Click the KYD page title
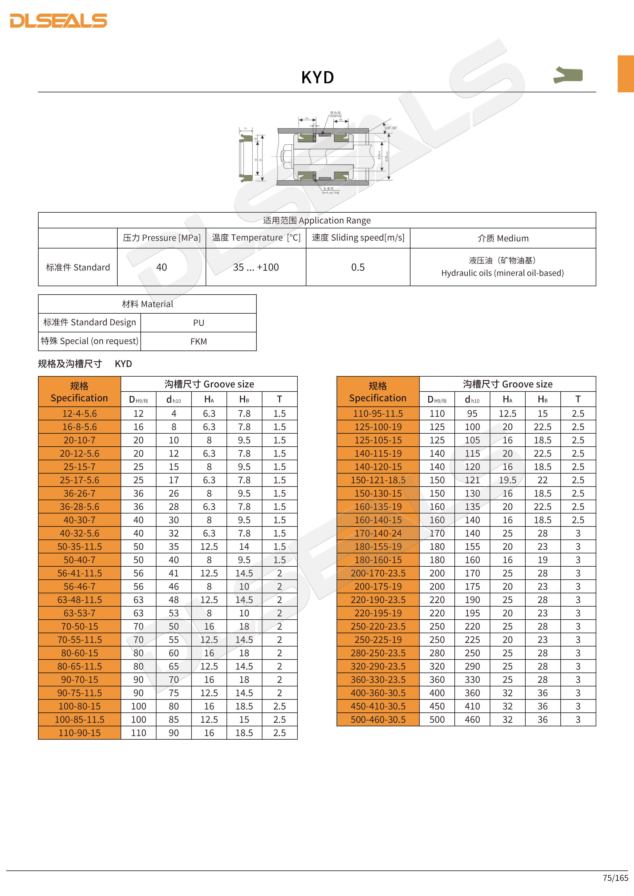point(317,77)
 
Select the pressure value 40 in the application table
point(161,267)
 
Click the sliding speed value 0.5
point(357,267)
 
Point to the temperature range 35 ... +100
point(256,267)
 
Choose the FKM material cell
point(198,342)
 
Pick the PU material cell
point(198,323)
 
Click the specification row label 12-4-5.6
point(79,413)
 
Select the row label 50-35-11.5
point(79,546)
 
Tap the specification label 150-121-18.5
point(378,480)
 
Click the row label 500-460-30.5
point(378,719)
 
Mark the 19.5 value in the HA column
point(507,480)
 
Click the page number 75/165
point(615,878)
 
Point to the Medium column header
point(503,238)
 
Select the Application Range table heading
point(317,220)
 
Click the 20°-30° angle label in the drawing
point(391,128)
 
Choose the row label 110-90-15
point(79,733)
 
